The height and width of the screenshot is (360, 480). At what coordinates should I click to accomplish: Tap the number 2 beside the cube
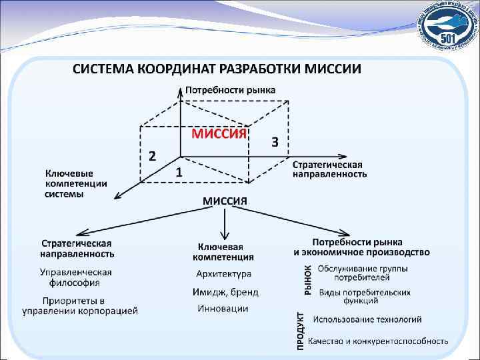point(152,156)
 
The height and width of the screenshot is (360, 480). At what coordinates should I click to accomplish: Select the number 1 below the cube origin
point(179,172)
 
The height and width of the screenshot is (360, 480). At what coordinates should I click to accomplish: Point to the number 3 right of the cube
point(274,142)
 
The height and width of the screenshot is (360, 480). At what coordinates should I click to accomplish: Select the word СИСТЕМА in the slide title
point(103,69)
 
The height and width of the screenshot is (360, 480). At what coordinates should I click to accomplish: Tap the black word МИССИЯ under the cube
point(225,201)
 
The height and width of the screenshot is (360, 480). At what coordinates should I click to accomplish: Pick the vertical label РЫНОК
point(308,279)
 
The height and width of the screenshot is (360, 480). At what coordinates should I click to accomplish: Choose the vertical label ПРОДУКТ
point(301,331)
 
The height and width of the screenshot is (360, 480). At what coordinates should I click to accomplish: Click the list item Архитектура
point(223,274)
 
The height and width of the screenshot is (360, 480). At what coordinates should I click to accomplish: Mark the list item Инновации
point(223,309)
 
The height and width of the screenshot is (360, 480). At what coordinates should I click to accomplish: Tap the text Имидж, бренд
point(225,292)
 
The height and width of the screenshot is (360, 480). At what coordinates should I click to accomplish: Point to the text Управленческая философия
point(75,277)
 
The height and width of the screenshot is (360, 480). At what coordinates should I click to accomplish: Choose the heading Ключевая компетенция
point(223,251)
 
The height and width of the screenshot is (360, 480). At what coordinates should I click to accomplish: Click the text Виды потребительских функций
point(365,297)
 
